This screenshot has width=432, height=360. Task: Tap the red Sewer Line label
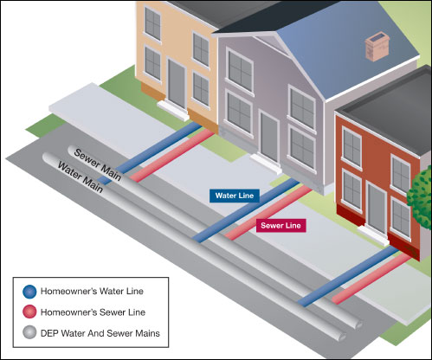pos(281,225)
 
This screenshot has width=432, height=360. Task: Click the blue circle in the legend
pos(29,291)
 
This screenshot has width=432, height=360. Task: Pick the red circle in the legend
pos(29,312)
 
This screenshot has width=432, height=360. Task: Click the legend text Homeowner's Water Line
pos(96,291)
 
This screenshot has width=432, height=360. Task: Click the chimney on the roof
pos(377,45)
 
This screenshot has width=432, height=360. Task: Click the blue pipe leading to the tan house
pos(160,146)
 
